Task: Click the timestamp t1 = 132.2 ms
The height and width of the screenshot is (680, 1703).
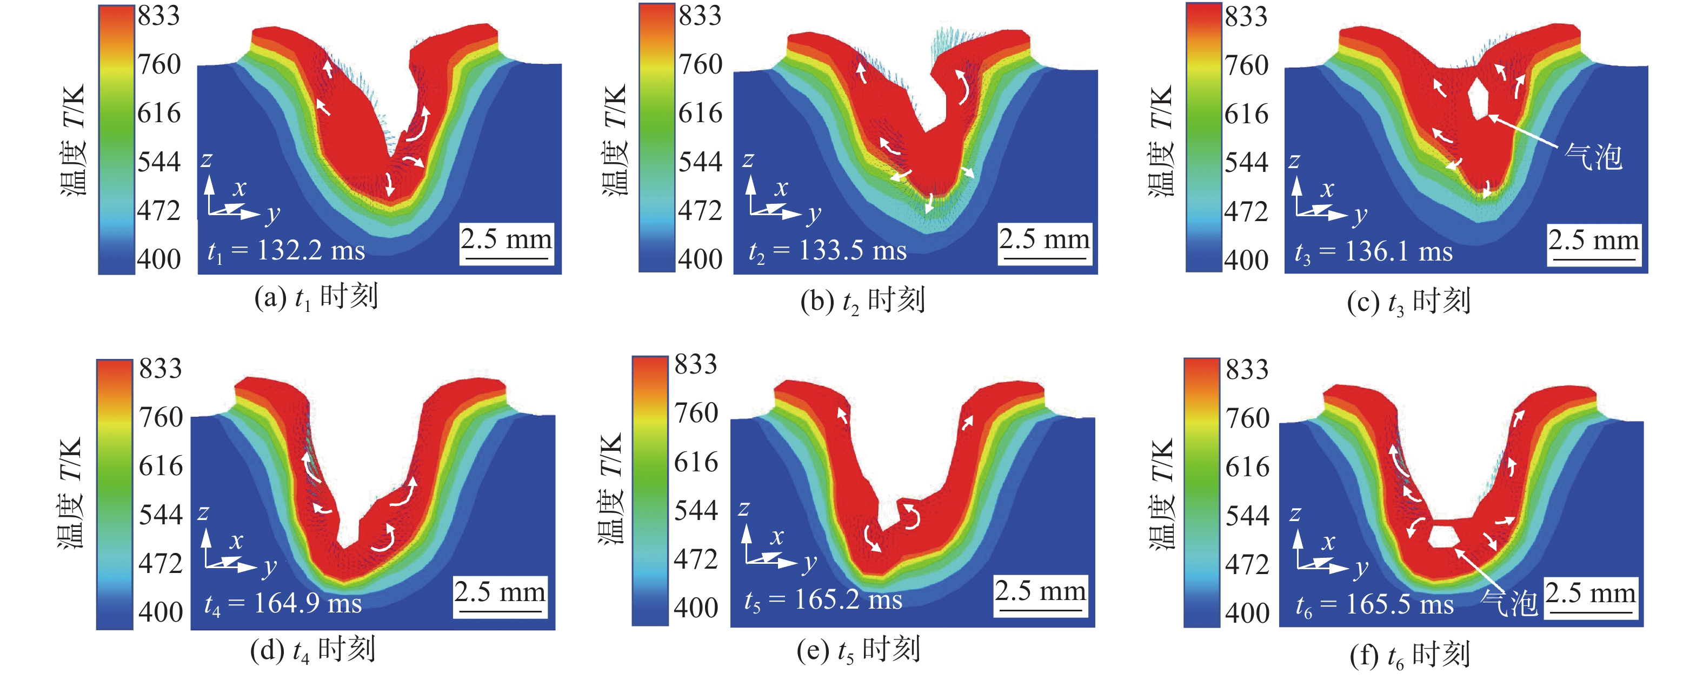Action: click(285, 251)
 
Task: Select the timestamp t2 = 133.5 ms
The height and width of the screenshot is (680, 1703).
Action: click(827, 251)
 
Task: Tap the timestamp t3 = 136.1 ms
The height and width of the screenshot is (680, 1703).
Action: click(1373, 252)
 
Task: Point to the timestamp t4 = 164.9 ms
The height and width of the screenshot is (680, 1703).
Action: click(282, 604)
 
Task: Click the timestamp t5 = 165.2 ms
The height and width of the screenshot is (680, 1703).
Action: click(822, 600)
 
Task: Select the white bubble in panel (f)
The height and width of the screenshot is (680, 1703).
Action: click(1443, 535)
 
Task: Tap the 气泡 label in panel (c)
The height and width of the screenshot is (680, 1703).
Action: click(1593, 157)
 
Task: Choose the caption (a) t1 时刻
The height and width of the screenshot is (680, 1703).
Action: click(316, 297)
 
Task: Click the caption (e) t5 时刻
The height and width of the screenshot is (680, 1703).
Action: click(858, 651)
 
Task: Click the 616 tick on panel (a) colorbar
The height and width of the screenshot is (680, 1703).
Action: click(158, 113)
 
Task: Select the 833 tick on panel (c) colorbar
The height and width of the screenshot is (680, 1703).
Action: click(1246, 17)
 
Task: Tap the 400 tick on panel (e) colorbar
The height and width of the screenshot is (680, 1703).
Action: click(695, 608)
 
